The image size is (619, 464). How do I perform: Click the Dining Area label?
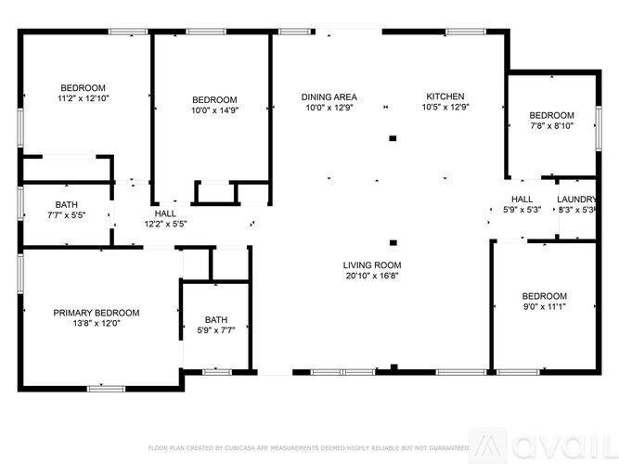tap(330, 97)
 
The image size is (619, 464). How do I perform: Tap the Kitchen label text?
tap(445, 97)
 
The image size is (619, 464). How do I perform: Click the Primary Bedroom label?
tap(97, 313)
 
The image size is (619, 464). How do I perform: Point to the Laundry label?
tap(576, 200)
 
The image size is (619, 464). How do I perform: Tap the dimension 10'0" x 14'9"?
tap(214, 111)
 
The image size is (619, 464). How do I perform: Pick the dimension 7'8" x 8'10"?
tap(551, 126)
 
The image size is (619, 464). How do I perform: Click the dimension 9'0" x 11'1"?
tap(544, 307)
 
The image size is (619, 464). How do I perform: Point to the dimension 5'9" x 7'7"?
tap(215, 330)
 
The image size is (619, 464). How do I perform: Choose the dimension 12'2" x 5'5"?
tap(165, 224)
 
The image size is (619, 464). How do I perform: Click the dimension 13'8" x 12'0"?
tap(97, 324)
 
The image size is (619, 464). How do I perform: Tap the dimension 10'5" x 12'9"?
tap(445, 108)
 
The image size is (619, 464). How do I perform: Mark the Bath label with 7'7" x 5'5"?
tap(67, 204)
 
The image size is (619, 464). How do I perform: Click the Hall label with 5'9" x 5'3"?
tap(522, 200)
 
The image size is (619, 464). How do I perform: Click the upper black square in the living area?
tap(393, 138)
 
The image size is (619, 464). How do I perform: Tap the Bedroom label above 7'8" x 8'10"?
tap(551, 115)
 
